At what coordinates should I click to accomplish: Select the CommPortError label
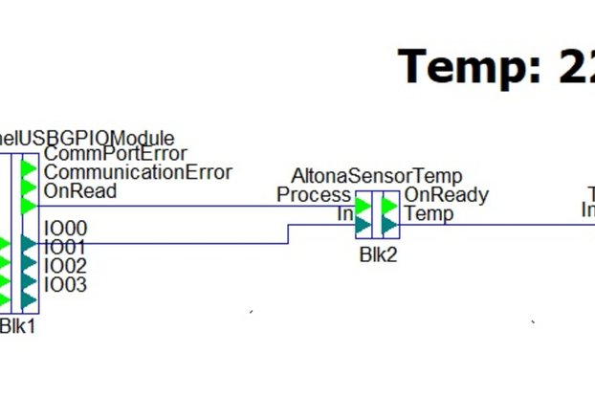point(115,153)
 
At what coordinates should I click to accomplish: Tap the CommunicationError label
point(138,172)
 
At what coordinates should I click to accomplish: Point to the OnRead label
point(80,190)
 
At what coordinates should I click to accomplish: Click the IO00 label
point(65,229)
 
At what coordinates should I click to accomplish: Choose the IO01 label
point(65,247)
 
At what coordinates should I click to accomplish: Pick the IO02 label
point(65,265)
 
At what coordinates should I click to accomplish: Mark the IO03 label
point(65,284)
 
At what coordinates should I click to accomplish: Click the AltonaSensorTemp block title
point(376,176)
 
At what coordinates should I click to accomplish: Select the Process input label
point(314,195)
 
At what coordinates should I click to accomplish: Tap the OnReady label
point(446,195)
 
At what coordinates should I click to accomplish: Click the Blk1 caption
point(17,326)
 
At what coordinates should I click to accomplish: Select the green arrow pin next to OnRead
point(30,207)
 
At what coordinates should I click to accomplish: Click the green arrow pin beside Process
point(364,206)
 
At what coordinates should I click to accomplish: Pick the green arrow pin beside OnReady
point(389,206)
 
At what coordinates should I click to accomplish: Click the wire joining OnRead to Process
point(191,206)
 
